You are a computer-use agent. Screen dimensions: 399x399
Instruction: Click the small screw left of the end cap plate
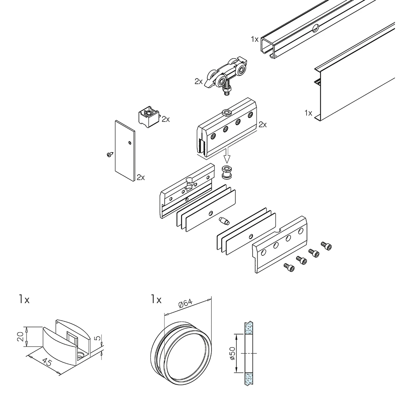click(109, 155)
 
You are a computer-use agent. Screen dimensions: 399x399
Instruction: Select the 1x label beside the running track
click(255, 39)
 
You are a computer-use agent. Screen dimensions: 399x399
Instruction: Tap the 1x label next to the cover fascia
click(308, 113)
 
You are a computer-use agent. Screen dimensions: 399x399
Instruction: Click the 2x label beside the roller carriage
click(199, 81)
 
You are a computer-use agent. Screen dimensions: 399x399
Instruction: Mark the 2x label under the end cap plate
click(141, 177)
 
